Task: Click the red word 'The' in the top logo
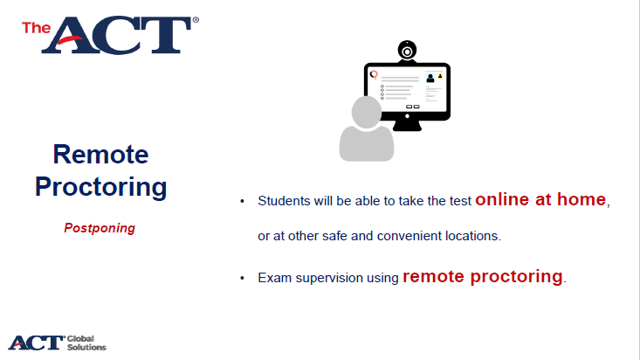point(37,28)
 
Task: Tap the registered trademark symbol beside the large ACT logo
point(196,19)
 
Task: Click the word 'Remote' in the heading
point(100,155)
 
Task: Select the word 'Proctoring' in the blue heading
point(100,187)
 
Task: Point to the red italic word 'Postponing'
point(100,228)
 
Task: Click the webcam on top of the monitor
point(407,52)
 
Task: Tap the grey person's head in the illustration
point(366,112)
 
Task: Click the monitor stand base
point(407,126)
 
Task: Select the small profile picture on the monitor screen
point(430,78)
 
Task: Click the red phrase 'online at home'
point(540,199)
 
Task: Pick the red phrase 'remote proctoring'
point(483,277)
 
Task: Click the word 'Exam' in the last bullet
point(275,278)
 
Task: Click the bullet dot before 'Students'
point(242,201)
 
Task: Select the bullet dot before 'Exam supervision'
point(242,278)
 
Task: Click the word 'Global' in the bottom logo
point(80,339)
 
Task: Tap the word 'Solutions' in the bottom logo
point(86,348)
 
